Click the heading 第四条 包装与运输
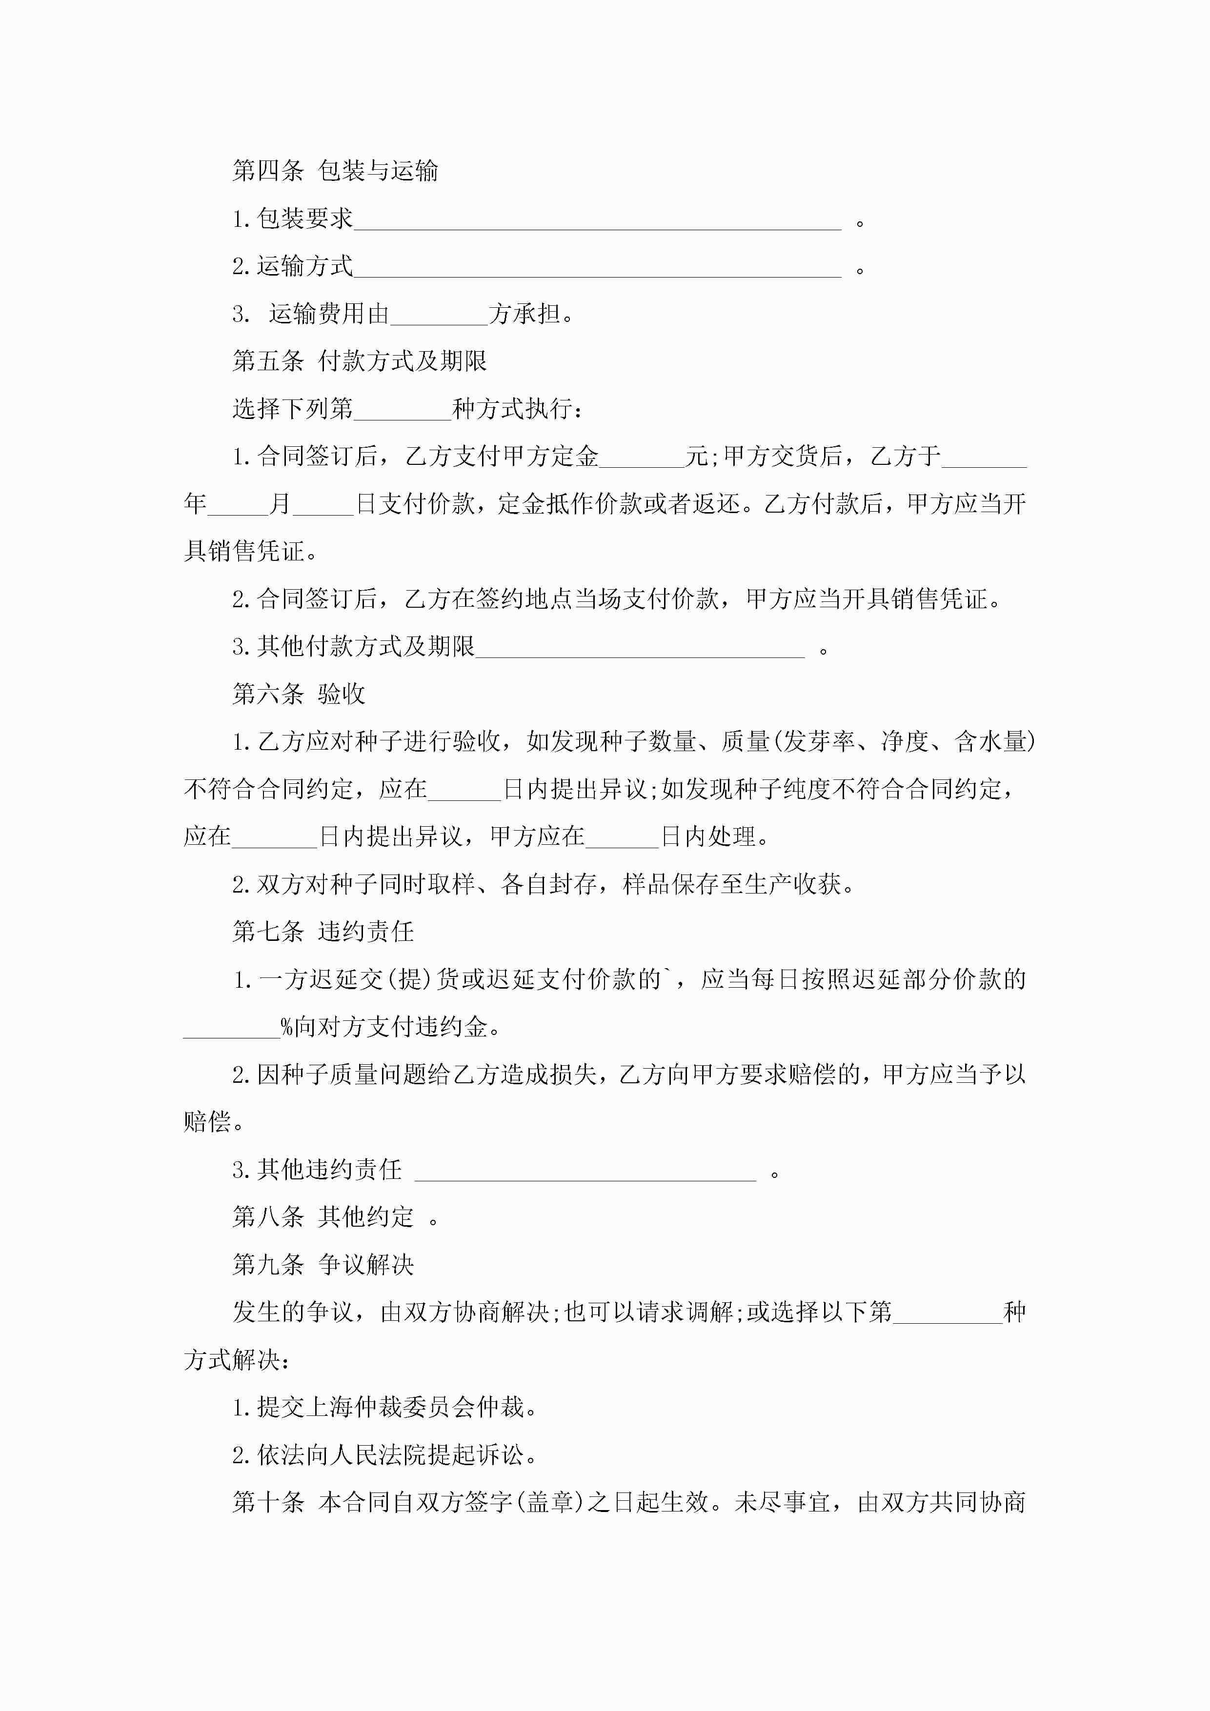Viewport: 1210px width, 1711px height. click(335, 171)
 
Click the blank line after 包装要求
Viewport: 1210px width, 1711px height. click(597, 220)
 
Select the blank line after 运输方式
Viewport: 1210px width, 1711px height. click(597, 268)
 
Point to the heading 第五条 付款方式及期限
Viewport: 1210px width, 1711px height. click(360, 361)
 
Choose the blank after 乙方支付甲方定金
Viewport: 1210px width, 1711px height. click(642, 458)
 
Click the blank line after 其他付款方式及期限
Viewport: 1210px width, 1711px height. click(640, 648)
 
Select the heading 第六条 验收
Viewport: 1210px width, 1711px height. click(298, 695)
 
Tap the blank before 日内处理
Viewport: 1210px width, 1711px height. click(623, 837)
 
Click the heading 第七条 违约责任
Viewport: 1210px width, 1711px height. click(323, 932)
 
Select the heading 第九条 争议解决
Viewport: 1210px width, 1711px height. click(323, 1265)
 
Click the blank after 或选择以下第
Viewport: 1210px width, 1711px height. click(948, 1313)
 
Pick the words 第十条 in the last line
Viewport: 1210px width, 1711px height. click(268, 1502)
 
